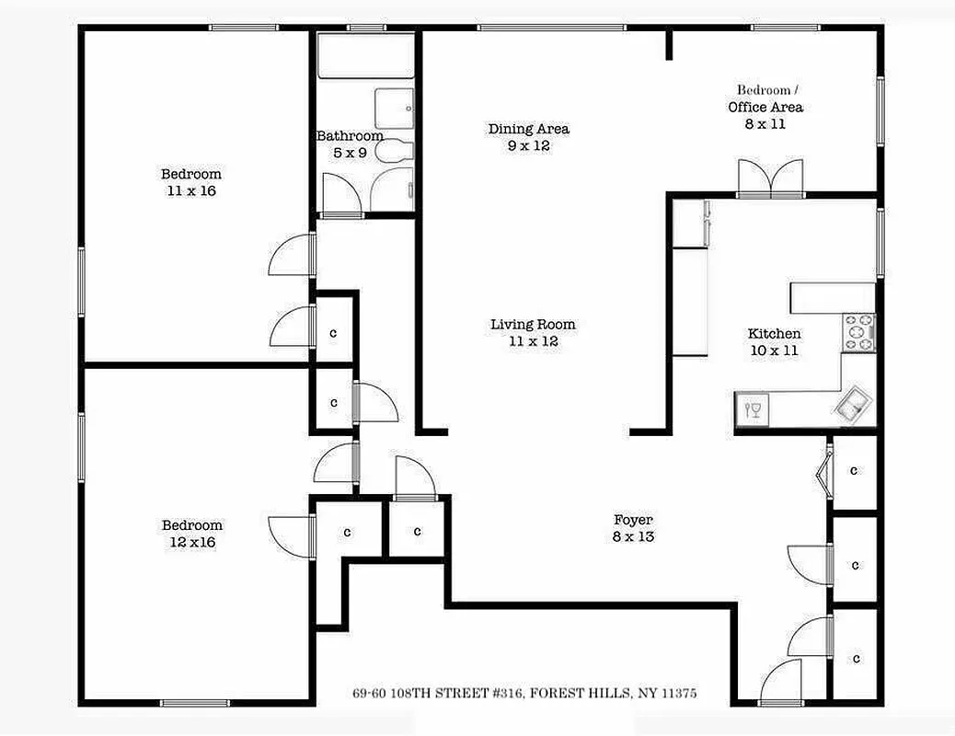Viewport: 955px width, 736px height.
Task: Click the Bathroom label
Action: coord(350,136)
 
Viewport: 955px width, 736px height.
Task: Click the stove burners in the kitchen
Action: coord(859,332)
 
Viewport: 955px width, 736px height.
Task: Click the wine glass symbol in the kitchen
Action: coord(754,408)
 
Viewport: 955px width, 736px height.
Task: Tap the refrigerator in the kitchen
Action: coord(689,224)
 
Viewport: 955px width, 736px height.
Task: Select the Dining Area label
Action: coord(528,129)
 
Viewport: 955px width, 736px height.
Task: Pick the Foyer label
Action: coord(633,520)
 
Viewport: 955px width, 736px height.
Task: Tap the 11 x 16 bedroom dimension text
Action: coord(190,191)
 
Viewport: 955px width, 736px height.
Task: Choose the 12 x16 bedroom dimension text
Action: coord(191,543)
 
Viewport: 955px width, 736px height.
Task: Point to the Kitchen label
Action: coord(774,334)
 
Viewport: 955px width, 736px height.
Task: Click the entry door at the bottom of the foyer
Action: coord(781,684)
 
